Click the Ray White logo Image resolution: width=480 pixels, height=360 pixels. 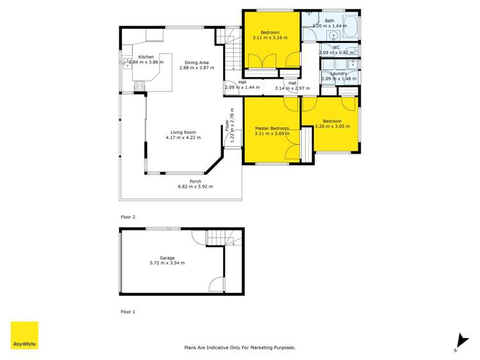(x=24, y=335)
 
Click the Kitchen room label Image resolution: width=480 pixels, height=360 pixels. (x=146, y=57)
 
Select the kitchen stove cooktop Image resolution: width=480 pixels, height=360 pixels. (x=140, y=85)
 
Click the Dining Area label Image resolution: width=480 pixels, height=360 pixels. (x=196, y=61)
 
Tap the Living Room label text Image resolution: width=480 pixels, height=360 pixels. (x=183, y=133)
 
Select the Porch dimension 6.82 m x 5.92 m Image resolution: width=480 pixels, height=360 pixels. (x=195, y=186)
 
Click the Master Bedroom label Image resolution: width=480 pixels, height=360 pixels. (x=272, y=128)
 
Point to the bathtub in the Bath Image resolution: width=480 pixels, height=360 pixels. (x=349, y=27)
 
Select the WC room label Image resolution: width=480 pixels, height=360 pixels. (x=336, y=47)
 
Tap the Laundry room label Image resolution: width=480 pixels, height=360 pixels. (x=338, y=74)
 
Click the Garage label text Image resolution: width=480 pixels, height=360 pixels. (x=167, y=258)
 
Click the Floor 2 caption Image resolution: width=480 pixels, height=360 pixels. (x=128, y=217)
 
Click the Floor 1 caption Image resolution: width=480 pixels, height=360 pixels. (x=128, y=312)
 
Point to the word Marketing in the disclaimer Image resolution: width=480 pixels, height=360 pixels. (x=261, y=347)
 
